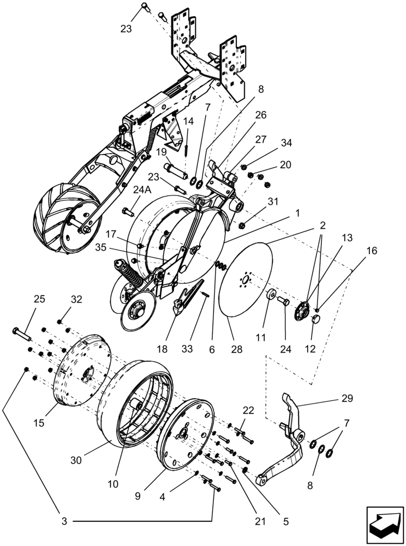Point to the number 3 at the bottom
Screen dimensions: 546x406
pos(64,522)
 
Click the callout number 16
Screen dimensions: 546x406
pos(371,251)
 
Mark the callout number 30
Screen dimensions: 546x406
pos(76,460)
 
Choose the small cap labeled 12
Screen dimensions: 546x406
pos(315,318)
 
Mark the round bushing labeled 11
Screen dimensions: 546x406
pos(270,295)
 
